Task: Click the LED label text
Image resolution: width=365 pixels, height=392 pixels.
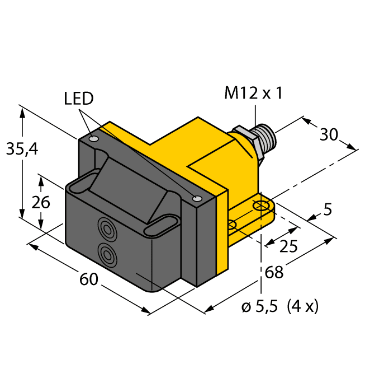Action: pyautogui.click(x=78, y=99)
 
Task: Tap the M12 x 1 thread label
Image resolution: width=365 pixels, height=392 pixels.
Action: pyautogui.click(x=253, y=93)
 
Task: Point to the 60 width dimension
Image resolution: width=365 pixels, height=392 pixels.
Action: pyautogui.click(x=89, y=278)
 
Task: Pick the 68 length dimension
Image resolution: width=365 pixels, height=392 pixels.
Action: pyautogui.click(x=274, y=273)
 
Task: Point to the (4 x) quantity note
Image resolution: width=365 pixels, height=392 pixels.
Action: pyautogui.click(x=302, y=307)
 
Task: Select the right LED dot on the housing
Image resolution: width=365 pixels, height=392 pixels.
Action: pyautogui.click(x=196, y=198)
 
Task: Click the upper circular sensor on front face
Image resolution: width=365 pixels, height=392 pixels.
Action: pyautogui.click(x=106, y=227)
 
